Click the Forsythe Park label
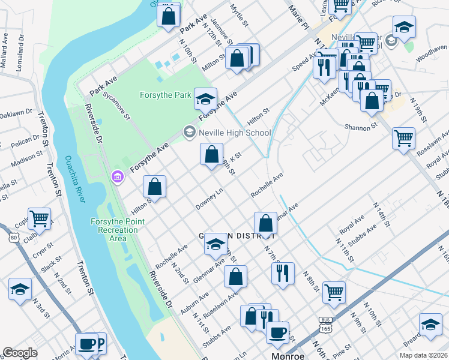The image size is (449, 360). click(165, 95)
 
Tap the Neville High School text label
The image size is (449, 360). click(235, 133)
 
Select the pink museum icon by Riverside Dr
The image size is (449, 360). click(117, 177)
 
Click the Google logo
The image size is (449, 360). click(20, 353)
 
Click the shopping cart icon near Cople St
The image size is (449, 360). click(39, 219)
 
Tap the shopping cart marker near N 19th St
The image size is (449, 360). click(403, 138)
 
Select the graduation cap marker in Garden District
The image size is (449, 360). click(215, 244)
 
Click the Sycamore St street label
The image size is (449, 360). click(116, 106)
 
